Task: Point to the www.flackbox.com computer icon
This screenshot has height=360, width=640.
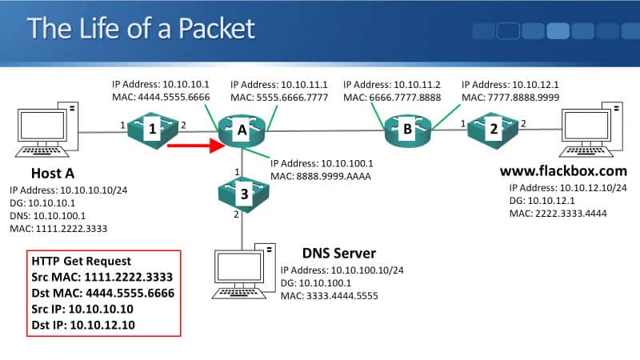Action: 593,131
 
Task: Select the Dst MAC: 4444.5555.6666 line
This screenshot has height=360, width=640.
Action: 102,293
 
